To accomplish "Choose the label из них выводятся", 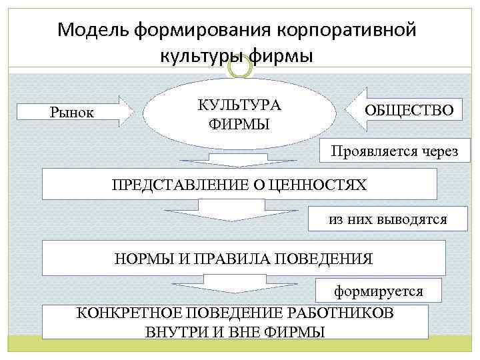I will click(x=387, y=219).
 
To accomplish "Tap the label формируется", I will click(x=378, y=291).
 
